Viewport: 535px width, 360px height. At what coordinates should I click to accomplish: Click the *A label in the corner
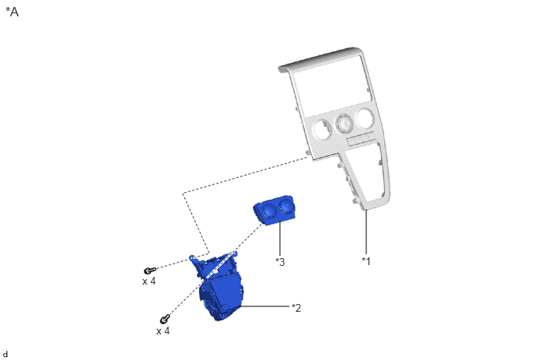pyautogui.click(x=12, y=12)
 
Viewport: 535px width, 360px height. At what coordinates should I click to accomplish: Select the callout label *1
pyautogui.click(x=365, y=261)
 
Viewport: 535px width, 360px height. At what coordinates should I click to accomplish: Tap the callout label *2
pyautogui.click(x=296, y=308)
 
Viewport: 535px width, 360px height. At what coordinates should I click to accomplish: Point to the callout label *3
pyautogui.click(x=280, y=262)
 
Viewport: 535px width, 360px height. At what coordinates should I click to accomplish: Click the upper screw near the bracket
pyautogui.click(x=149, y=271)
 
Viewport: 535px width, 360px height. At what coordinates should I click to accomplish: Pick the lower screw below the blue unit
pyautogui.click(x=165, y=319)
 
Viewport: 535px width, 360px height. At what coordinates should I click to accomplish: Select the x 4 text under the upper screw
pyautogui.click(x=149, y=281)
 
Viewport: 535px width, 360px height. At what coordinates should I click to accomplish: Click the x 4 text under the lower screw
pyautogui.click(x=163, y=331)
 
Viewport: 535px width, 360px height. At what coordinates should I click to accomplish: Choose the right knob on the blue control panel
pyautogui.click(x=285, y=205)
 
